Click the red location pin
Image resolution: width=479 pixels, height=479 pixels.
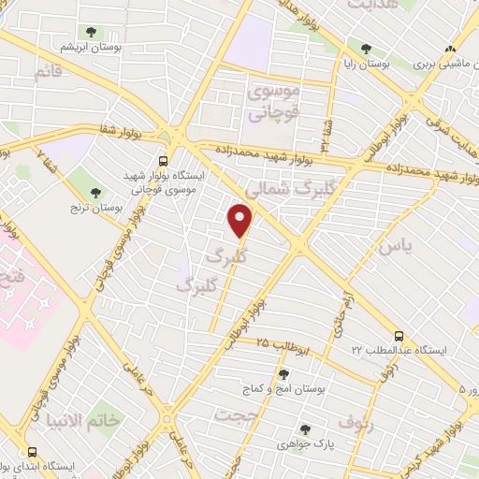[x=241, y=221]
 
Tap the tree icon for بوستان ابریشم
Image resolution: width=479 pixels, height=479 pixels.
[x=90, y=32]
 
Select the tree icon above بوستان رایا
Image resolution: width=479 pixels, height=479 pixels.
[x=365, y=49]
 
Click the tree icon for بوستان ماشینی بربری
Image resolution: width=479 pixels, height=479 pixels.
[x=450, y=49]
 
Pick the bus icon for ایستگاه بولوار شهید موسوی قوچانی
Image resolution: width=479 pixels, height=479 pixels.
[x=163, y=160]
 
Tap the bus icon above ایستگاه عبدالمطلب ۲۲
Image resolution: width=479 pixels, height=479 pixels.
[x=399, y=335]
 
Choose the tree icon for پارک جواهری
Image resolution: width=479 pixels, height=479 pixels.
[x=304, y=429]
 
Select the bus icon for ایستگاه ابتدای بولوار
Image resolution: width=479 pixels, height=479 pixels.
[x=33, y=451]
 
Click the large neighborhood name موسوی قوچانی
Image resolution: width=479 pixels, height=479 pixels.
[x=271, y=104]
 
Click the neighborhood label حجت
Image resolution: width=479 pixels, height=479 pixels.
[x=236, y=414]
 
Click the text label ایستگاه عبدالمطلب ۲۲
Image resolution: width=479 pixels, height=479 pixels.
[x=406, y=350]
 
